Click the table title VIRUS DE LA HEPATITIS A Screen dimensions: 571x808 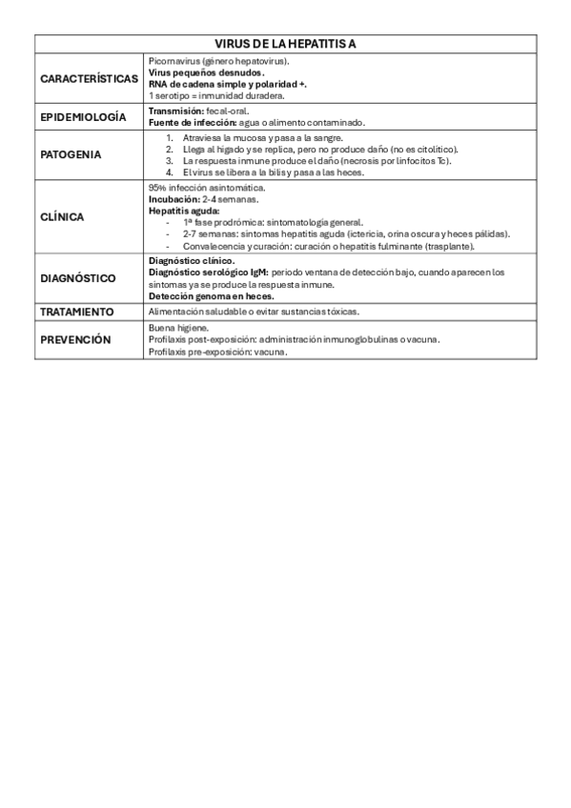pos(285,45)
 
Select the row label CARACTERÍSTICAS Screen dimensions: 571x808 pos(90,78)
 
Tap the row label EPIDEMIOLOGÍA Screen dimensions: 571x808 pos(83,117)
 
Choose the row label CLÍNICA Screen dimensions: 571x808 pos(62,217)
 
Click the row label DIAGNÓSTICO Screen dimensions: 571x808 pos(78,278)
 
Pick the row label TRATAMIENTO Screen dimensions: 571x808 pos(77,312)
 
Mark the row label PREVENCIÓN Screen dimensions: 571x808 pos(75,339)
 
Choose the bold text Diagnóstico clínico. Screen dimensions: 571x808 pos(192,260)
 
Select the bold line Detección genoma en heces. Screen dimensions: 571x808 pos(204,295)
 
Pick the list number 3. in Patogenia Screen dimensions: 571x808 pos(170,161)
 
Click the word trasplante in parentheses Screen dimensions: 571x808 pos(448,246)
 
